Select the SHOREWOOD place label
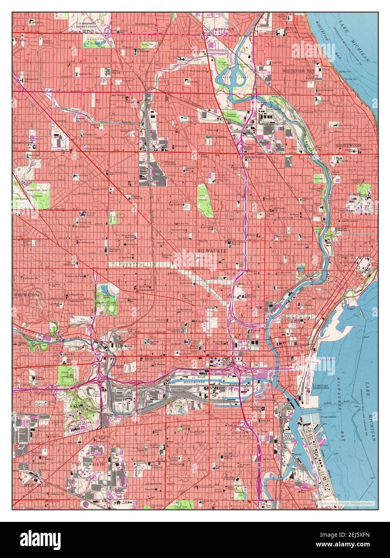click(x=348, y=145)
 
